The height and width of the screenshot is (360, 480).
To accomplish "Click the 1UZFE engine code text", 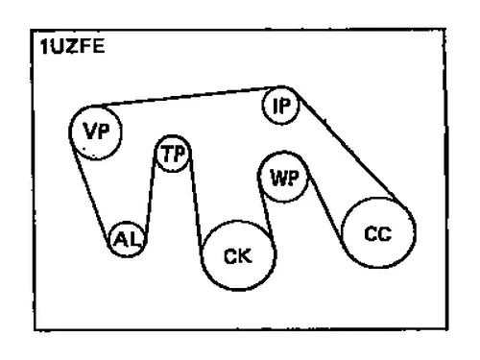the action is pos(73,47).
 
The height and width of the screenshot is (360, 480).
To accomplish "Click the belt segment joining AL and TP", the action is pos(151,195).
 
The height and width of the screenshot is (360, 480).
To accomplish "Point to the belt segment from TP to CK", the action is pos(196,204).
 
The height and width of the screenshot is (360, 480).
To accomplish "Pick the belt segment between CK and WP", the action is pos(266,208).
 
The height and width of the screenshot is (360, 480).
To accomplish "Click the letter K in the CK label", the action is pos(245,256).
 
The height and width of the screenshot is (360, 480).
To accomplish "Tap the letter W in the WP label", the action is pos(277,178).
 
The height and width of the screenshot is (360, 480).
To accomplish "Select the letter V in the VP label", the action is pos(89,132).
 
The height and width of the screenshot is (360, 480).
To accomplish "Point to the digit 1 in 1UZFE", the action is pos(44,47).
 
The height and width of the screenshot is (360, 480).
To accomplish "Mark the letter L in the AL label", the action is pos(134,239).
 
